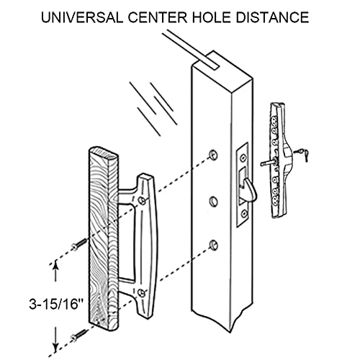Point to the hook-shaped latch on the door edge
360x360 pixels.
click(248, 188)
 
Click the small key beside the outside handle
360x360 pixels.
click(303, 153)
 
